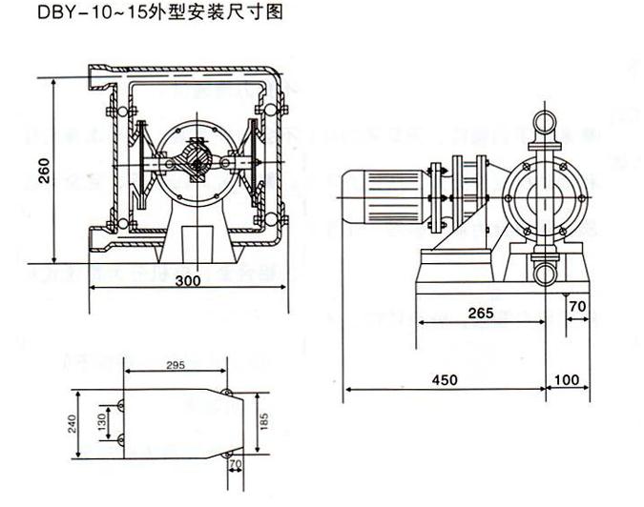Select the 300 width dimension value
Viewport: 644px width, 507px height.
(x=188, y=282)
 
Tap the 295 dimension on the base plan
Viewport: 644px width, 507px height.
(x=175, y=366)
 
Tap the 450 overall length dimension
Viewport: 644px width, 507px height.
(x=445, y=379)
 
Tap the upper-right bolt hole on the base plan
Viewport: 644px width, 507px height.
(x=226, y=392)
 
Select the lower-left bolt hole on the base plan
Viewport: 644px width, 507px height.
(x=121, y=438)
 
